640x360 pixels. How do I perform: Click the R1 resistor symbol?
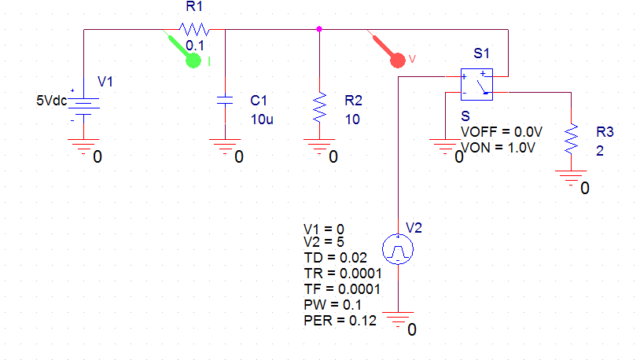193,29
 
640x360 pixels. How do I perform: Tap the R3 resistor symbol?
572,138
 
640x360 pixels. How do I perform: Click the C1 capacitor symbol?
226,101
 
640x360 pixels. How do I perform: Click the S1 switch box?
477,84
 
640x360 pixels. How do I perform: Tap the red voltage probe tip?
399,60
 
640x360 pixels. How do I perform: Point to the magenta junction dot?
319,29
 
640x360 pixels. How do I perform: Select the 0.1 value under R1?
195,46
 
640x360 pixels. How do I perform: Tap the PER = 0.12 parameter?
340,321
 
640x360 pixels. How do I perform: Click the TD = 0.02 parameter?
336,257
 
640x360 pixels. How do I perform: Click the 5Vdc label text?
52,101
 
